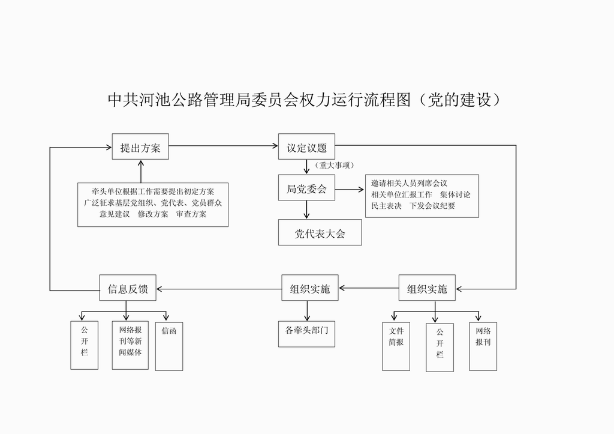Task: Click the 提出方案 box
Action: coord(140,146)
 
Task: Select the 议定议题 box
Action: coord(306,146)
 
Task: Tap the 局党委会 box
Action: coord(306,188)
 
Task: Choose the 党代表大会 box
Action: coord(320,232)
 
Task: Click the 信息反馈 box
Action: coord(127,288)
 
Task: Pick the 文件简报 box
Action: coord(396,346)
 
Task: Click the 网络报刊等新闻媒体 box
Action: coord(130,345)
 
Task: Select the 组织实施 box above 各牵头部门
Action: coord(310,288)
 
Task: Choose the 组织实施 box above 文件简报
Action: coord(427,288)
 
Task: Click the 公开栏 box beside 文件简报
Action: coord(440,347)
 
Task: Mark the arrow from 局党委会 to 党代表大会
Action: coord(306,209)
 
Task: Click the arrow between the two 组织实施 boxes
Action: coord(368,288)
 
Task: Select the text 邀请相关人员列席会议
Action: coord(410,183)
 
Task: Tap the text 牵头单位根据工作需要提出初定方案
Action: coord(153,191)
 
